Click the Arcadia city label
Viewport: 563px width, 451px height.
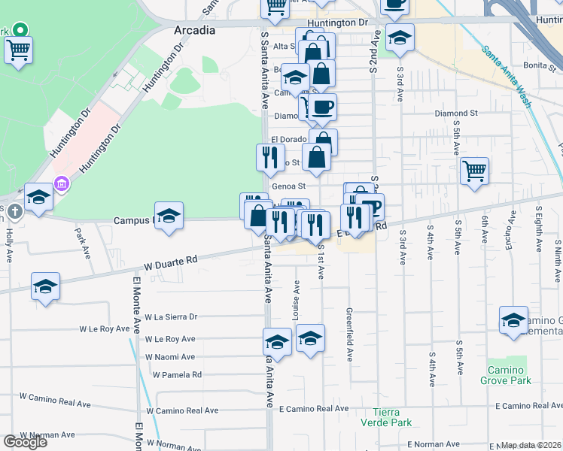point(194,31)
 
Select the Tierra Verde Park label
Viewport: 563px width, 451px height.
point(393,417)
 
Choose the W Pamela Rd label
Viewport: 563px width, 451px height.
point(177,374)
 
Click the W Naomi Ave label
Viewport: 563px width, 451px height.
point(170,357)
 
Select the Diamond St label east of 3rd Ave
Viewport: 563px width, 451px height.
point(456,114)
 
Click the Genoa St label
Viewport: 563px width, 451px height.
point(288,186)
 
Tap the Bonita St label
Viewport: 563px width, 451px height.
point(539,65)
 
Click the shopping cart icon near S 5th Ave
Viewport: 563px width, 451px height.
point(474,171)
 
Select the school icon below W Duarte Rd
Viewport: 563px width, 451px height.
point(45,287)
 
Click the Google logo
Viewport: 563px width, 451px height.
point(25,442)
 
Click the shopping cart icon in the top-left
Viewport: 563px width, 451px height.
point(18,50)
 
